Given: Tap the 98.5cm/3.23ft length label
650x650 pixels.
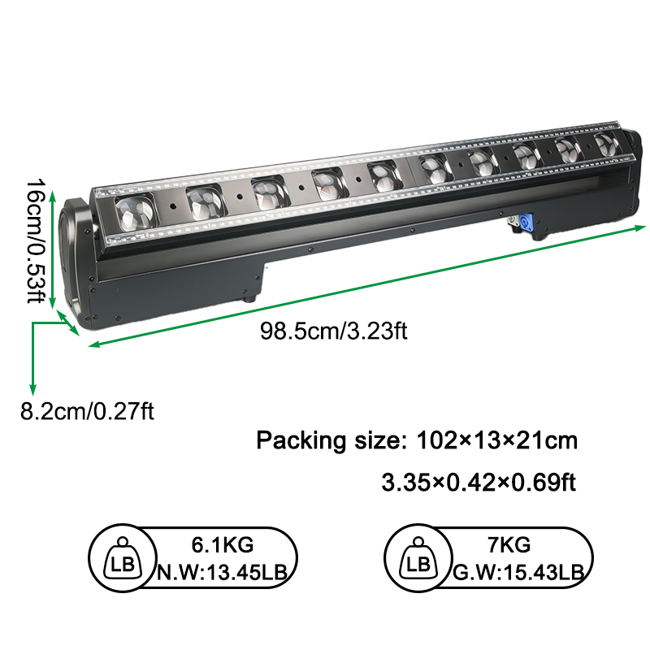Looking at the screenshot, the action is pos(334,331).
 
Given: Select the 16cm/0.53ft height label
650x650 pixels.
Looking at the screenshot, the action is pos(36,240).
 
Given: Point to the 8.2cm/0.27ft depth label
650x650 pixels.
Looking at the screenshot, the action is pos(87,412).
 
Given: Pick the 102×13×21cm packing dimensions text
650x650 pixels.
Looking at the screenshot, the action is pos(496,440).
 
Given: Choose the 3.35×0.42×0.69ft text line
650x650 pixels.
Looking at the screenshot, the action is pos(479,483).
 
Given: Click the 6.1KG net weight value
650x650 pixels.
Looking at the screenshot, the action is pos(222,544).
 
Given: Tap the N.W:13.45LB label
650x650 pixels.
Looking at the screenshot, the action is pos(222,573).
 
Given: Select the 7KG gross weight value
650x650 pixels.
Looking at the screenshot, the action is pos(509,544).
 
